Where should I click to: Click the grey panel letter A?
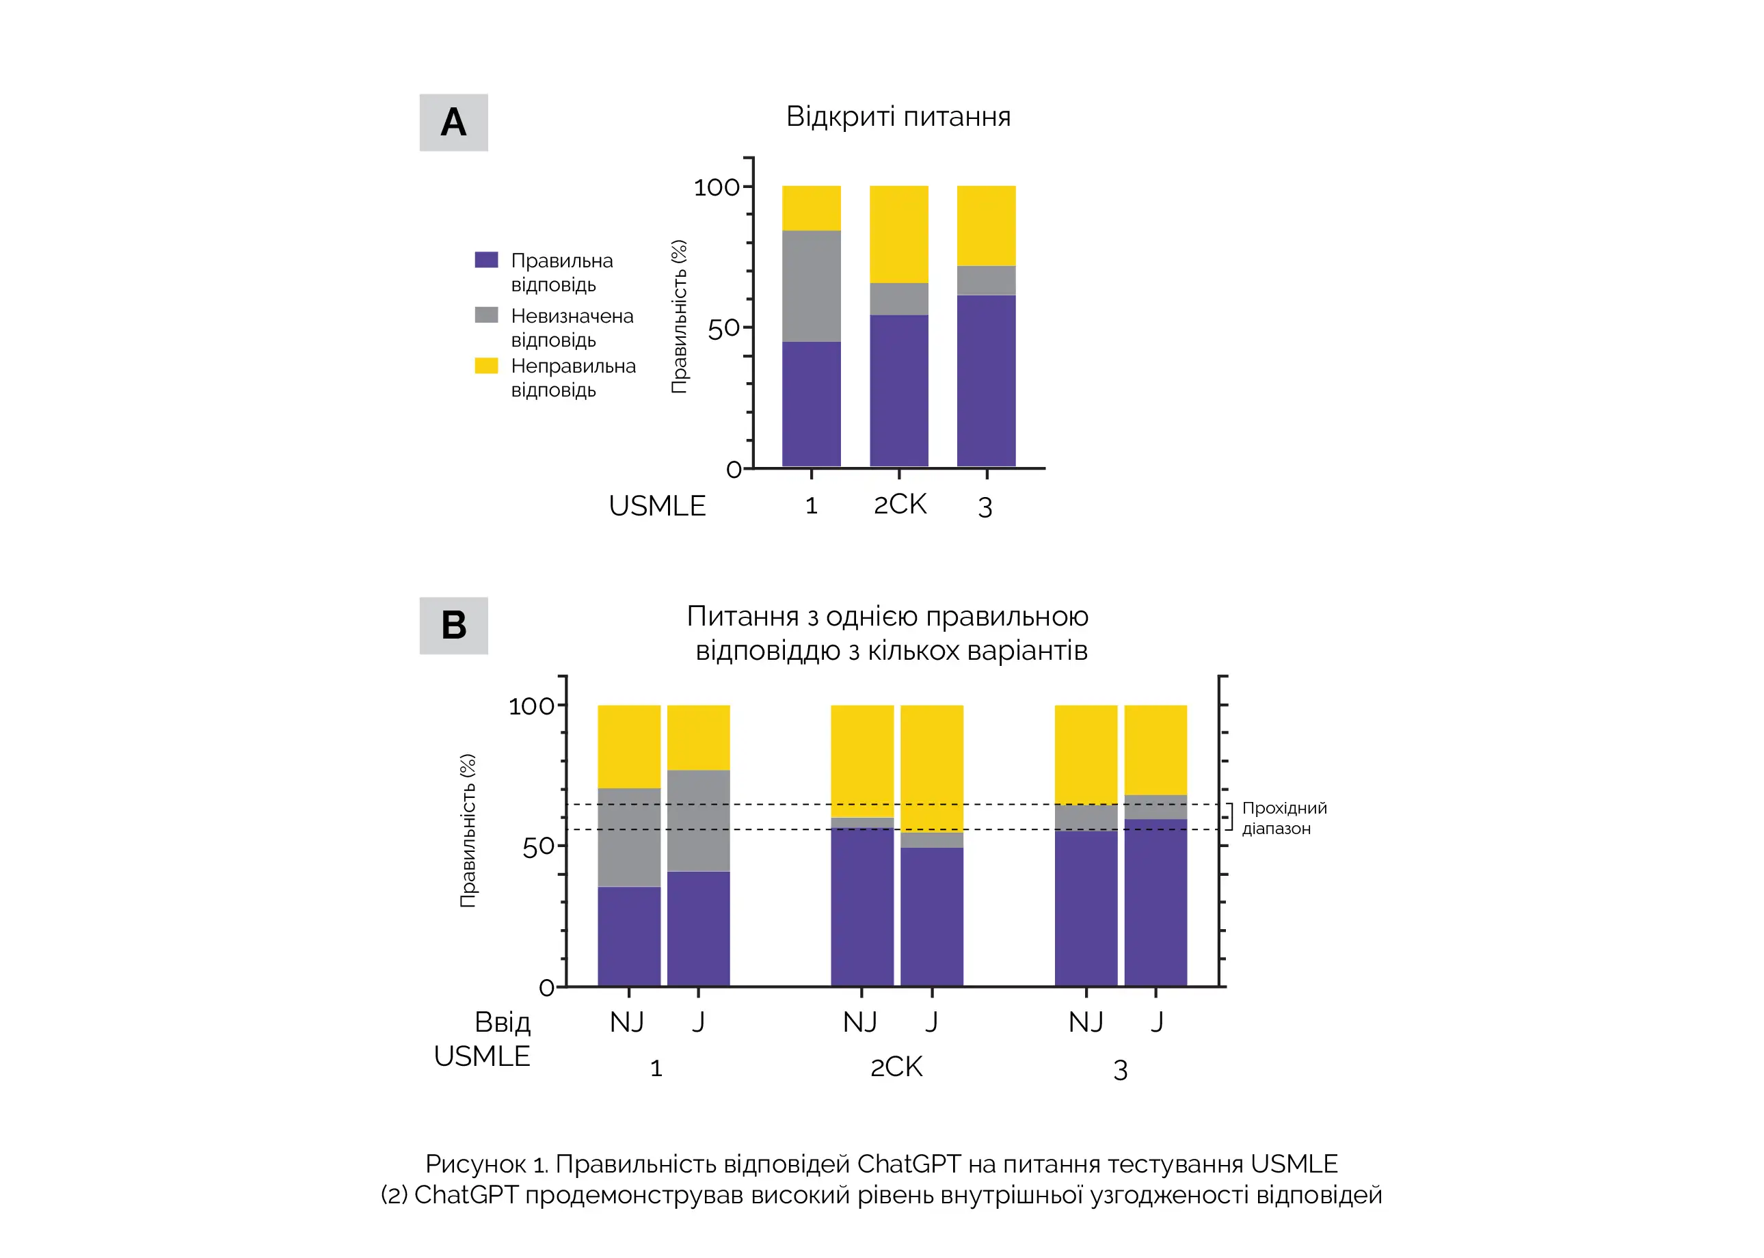coord(453,122)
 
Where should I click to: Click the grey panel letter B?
coord(453,625)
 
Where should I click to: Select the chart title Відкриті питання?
coord(898,117)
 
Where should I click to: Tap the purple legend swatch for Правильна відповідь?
coord(485,260)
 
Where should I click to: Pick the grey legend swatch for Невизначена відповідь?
coord(485,314)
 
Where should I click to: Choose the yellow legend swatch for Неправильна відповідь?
coord(485,365)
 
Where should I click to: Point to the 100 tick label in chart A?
coord(716,187)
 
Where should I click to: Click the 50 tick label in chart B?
coord(537,846)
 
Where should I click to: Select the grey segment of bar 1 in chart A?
coord(811,286)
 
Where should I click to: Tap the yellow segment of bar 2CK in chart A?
coord(898,234)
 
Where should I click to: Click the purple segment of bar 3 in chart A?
coord(985,380)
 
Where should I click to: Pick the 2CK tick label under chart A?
coord(899,505)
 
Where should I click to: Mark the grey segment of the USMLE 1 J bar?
coord(698,820)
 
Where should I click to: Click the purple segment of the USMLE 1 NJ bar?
coord(628,936)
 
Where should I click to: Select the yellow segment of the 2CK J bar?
coord(931,768)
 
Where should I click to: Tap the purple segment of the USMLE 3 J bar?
coord(1155,902)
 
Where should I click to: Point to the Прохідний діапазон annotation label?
coord(1283,818)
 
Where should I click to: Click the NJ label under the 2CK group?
coord(860,1023)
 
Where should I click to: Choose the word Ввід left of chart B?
coord(502,1023)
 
